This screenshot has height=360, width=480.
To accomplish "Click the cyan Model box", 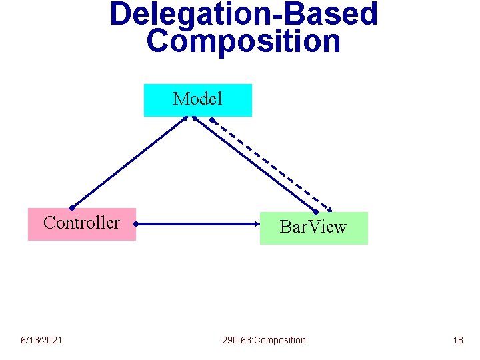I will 198,100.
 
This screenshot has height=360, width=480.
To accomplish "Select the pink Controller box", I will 81,224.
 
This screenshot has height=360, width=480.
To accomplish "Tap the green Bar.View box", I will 313,228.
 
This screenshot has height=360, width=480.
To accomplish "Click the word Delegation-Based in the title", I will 244,13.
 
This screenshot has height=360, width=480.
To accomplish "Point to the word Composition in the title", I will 244,41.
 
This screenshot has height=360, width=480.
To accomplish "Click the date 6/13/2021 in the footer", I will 41,340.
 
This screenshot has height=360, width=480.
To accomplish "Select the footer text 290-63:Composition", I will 264,340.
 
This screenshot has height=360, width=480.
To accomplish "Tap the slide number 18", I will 457,340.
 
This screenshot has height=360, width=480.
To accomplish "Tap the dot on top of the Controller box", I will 71,208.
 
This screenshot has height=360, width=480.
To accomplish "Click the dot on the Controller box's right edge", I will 135,225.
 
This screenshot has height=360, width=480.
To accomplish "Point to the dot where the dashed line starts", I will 212,121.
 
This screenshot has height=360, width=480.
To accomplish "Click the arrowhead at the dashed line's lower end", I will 329,207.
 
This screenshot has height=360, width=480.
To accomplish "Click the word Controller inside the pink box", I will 81,223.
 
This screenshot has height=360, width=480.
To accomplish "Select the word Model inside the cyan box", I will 198,99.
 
